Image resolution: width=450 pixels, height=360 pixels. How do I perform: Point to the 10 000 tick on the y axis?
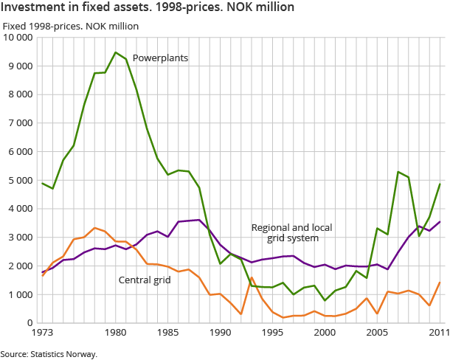pyautogui.click(x=18, y=38)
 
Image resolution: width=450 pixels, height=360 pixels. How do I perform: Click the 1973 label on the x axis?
pyautogui.click(x=43, y=333)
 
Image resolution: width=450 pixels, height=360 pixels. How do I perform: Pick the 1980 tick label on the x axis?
pyautogui.click(x=115, y=333)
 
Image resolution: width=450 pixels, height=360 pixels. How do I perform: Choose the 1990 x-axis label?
pyautogui.click(x=220, y=333)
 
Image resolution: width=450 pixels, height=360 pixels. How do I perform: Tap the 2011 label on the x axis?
pyautogui.click(x=440, y=333)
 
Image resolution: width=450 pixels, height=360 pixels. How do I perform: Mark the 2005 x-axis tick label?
pyautogui.click(x=377, y=333)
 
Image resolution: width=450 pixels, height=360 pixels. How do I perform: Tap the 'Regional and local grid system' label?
pyautogui.click(x=284, y=232)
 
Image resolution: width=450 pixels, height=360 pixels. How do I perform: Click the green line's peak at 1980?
pyautogui.click(x=116, y=52)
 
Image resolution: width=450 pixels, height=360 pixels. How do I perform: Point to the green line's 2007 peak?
pyautogui.click(x=398, y=172)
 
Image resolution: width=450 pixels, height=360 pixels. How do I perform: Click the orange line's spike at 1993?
pyautogui.click(x=252, y=277)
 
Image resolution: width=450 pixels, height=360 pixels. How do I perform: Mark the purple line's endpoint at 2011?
pyautogui.click(x=440, y=221)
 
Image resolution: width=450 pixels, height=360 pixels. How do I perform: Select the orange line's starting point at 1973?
pyautogui.click(x=43, y=275)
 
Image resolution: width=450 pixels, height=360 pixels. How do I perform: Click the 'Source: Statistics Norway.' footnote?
pyautogui.click(x=49, y=353)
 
